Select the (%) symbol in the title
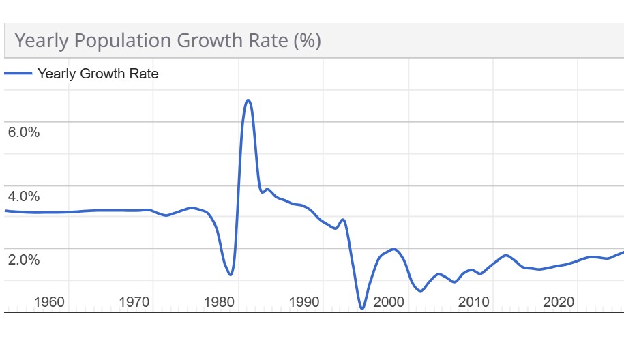(x=307, y=41)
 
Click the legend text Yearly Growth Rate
(x=98, y=74)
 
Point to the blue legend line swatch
(x=18, y=74)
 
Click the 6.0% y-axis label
(x=24, y=132)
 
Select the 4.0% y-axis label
(x=24, y=196)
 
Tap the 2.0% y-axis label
(x=24, y=260)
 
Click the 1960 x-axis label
(x=49, y=302)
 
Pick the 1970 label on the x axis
(x=134, y=302)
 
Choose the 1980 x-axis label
(x=220, y=302)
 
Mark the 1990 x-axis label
(x=304, y=302)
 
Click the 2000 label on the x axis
(x=389, y=302)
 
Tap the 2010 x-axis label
(x=474, y=302)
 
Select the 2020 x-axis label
(x=559, y=302)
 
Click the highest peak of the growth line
(x=248, y=100)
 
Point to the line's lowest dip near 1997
(x=362, y=309)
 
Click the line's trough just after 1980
(x=231, y=275)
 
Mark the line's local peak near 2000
(x=393, y=249)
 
